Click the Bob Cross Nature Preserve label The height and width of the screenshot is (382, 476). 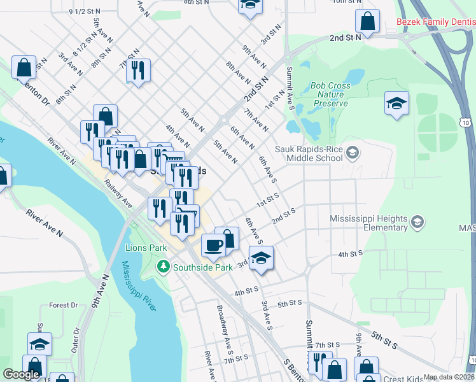[331, 94]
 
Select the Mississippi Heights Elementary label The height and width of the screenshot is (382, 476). [368, 223]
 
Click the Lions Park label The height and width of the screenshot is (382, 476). [146, 248]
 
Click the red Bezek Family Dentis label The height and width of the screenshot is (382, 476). [435, 22]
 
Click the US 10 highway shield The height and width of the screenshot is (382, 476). [466, 122]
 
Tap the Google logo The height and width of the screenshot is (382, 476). [21, 375]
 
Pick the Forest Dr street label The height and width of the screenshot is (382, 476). [63, 305]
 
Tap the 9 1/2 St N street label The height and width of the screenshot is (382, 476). [84, 11]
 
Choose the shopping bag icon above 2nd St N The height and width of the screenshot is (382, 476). [368, 22]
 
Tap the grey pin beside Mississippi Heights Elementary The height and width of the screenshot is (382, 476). [417, 222]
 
